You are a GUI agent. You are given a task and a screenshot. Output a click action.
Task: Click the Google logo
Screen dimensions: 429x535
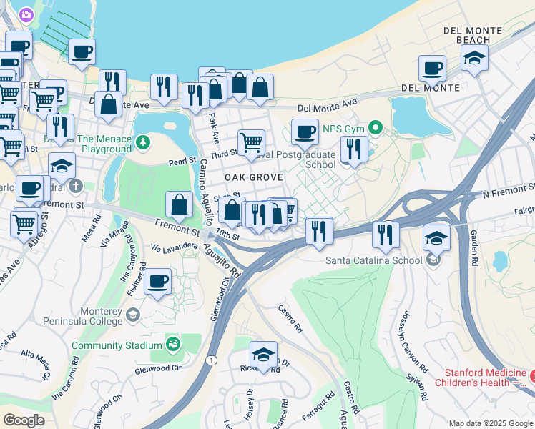point(24,420)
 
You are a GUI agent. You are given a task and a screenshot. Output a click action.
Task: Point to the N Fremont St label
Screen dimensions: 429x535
point(508,193)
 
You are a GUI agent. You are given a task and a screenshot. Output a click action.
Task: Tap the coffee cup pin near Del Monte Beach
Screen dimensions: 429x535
point(432,69)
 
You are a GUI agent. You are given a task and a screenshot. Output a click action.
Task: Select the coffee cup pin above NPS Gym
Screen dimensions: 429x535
point(305,132)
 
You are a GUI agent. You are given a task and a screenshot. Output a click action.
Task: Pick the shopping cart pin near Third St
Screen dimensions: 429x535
point(251,142)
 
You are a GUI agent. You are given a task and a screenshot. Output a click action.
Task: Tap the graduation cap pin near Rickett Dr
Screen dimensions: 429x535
point(264,355)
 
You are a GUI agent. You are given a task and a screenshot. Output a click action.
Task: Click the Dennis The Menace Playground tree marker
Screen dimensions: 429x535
point(142,140)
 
